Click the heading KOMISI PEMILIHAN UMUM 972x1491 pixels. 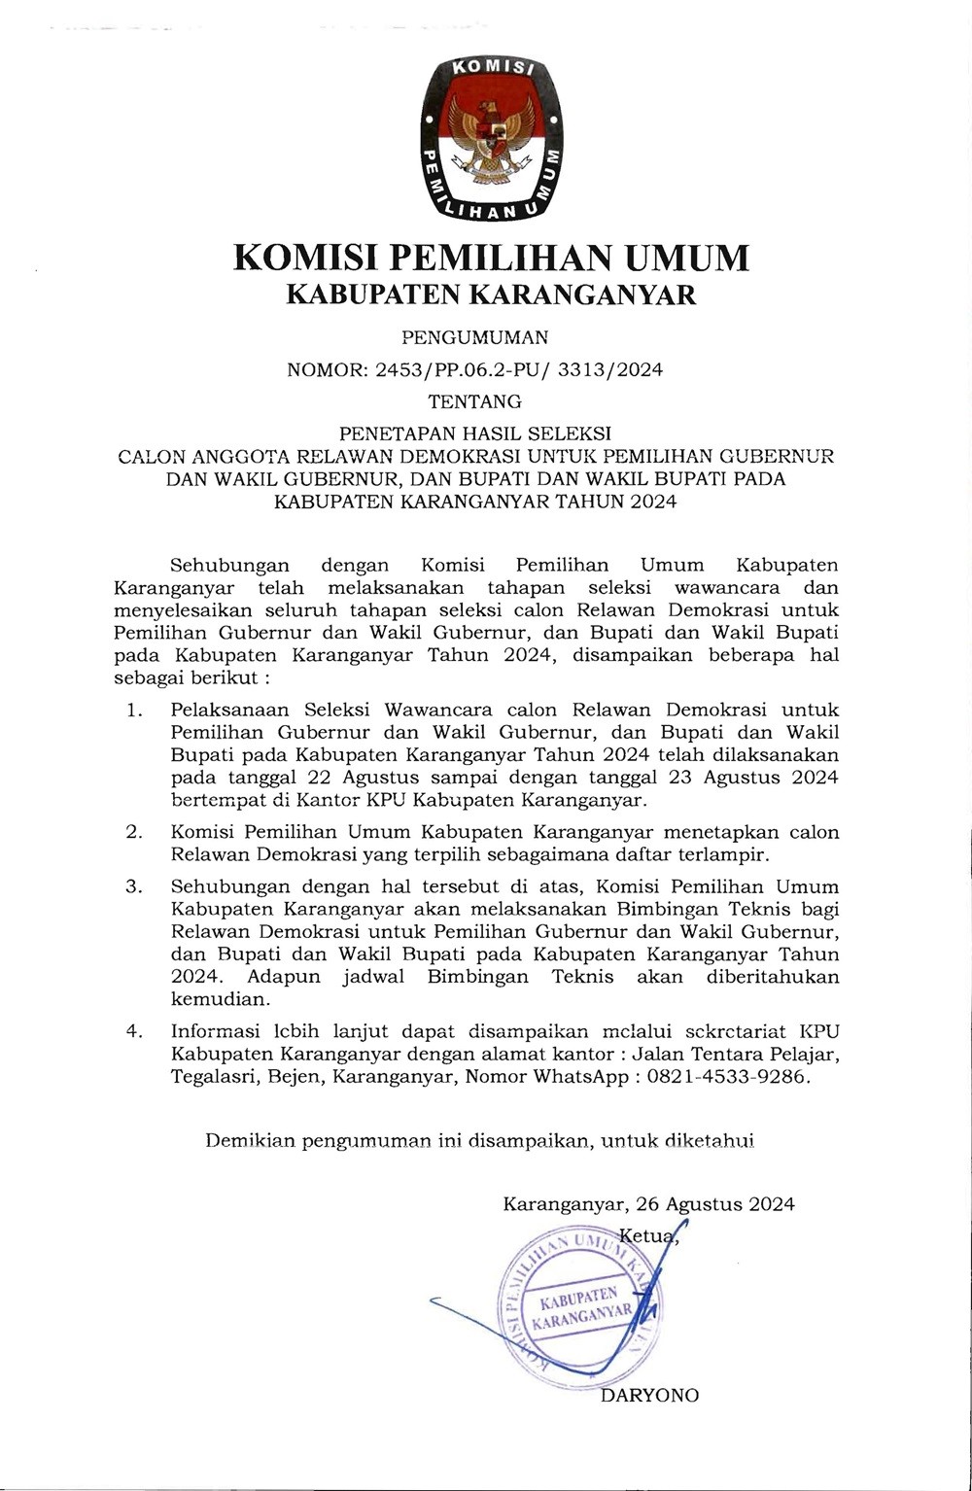coord(492,258)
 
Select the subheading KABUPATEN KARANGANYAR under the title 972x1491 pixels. coord(491,295)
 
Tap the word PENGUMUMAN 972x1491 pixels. coord(474,338)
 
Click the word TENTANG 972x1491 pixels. coord(474,400)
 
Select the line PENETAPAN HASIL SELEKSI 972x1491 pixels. coord(474,431)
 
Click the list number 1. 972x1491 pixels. coord(134,711)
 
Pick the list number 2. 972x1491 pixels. coord(134,833)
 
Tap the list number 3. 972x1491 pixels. coord(134,887)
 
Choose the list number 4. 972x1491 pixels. coord(134,1032)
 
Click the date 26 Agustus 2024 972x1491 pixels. coord(715,1204)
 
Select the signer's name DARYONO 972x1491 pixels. coord(650,1396)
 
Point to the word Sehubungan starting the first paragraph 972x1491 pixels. coord(229,566)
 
